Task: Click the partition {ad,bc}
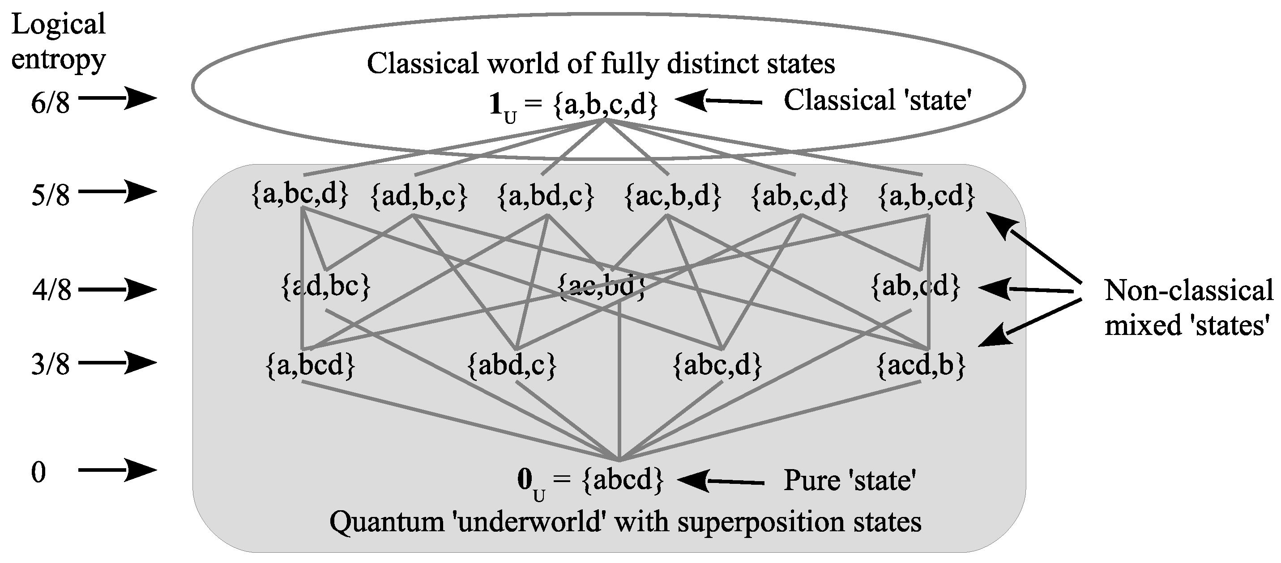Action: (x=326, y=287)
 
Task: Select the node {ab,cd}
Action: (x=915, y=287)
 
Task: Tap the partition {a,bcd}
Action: (x=311, y=365)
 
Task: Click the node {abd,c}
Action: (x=512, y=365)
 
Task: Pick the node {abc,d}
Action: (x=717, y=365)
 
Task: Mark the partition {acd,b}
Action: (x=921, y=365)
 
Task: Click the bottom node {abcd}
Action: (x=623, y=480)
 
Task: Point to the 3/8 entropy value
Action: (x=50, y=364)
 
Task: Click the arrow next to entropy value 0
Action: (x=117, y=470)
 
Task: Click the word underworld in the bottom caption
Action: (x=529, y=522)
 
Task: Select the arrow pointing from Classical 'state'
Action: (x=718, y=101)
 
